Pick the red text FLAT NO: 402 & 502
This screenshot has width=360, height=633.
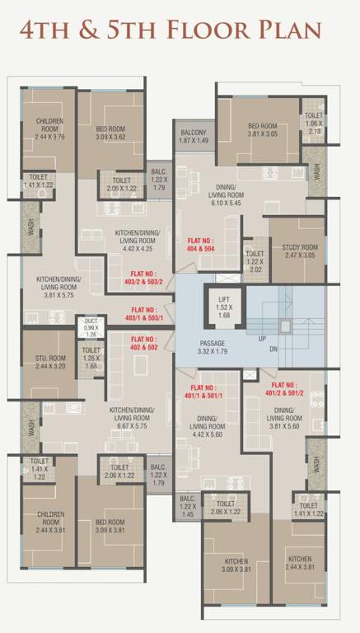coord(144,343)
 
